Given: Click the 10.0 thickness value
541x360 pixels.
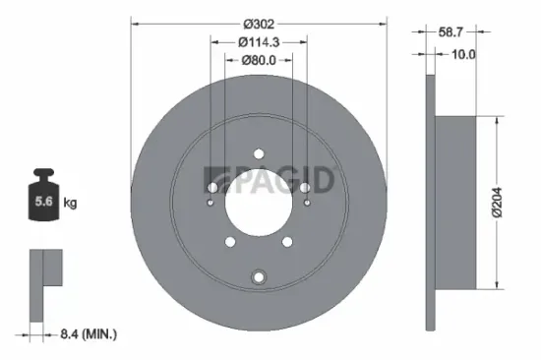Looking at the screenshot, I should (461, 55).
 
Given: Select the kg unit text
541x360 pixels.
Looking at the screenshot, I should (71, 205).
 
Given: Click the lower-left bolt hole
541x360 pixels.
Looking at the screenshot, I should (230, 241).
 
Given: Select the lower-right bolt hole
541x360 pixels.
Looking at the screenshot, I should (287, 241).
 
